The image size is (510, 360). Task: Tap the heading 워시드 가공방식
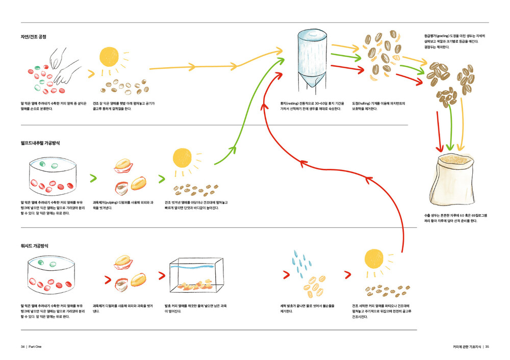(x=35, y=246)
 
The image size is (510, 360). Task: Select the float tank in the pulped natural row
(x=52, y=176)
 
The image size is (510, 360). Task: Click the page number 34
(x=23, y=346)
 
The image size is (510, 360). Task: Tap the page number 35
(x=487, y=346)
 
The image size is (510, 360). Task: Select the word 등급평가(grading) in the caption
(x=437, y=36)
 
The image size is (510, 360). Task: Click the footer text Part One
(x=35, y=346)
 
